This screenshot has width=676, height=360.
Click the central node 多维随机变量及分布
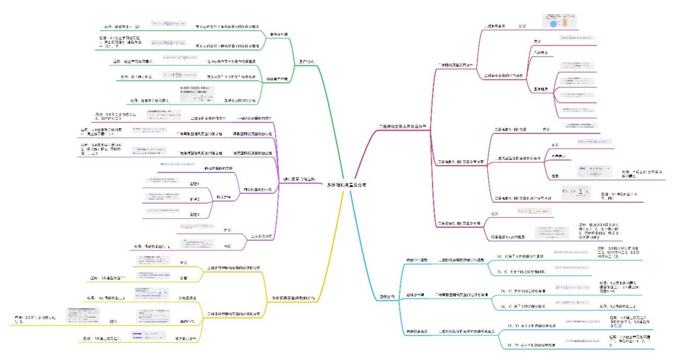click(347, 185)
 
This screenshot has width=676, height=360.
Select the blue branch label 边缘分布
click(386, 297)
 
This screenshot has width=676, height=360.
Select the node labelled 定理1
click(194, 184)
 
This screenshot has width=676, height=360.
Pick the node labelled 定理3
click(194, 215)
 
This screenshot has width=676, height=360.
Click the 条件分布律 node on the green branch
click(279, 34)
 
